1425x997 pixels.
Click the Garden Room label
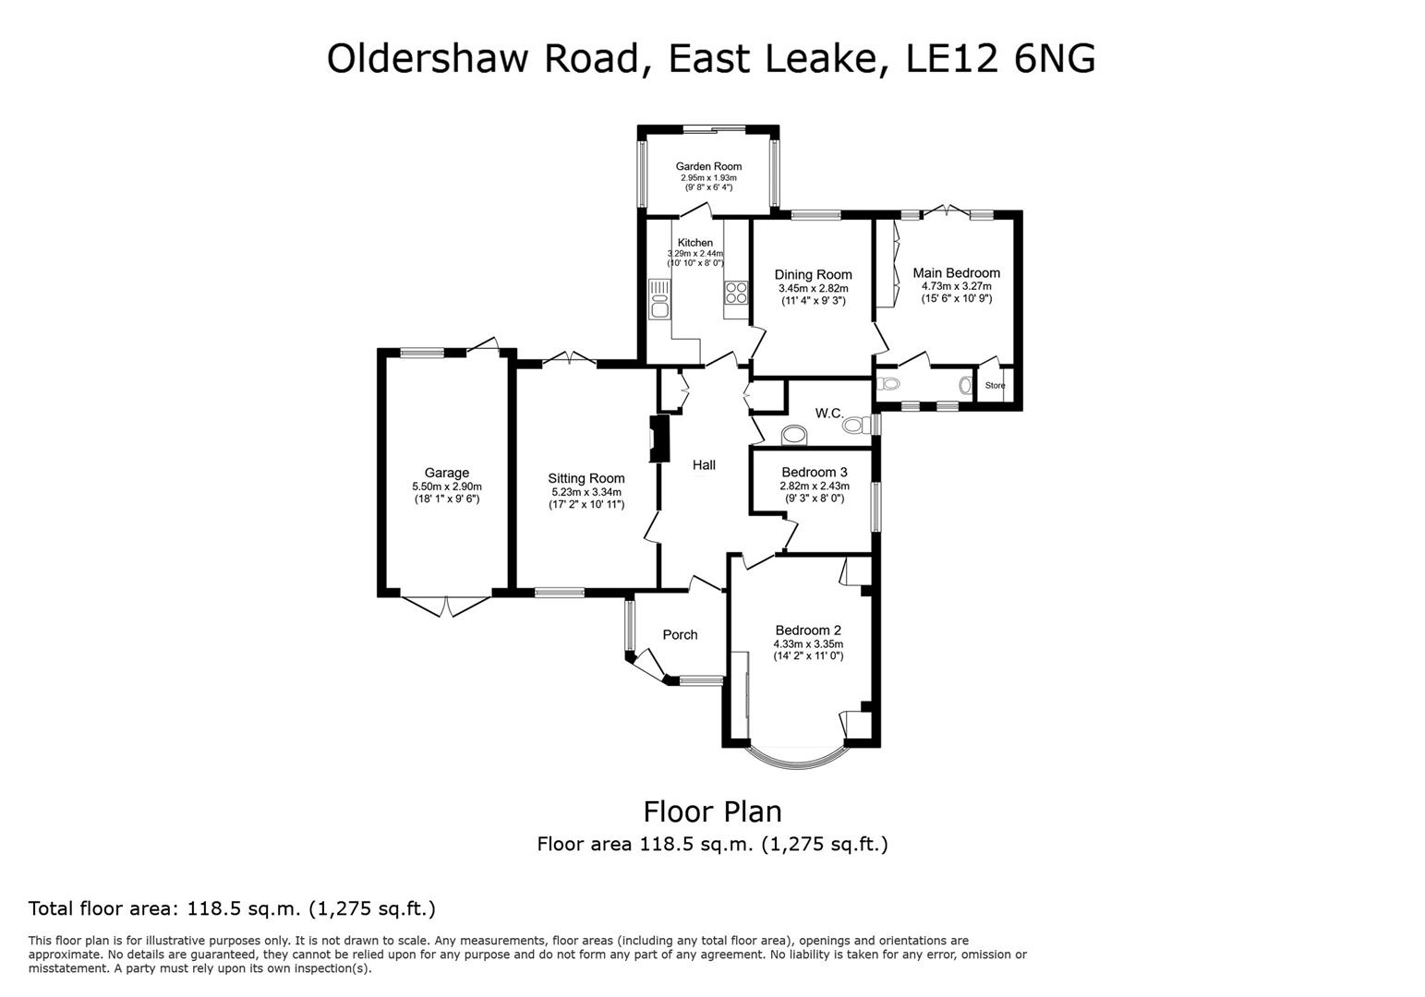(x=708, y=167)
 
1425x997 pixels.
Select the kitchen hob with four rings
(x=736, y=293)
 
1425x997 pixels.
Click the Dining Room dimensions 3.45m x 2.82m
(x=813, y=288)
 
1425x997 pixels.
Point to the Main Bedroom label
(x=956, y=273)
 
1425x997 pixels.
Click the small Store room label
(x=995, y=386)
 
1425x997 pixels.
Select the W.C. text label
(x=828, y=414)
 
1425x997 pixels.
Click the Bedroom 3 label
(x=814, y=473)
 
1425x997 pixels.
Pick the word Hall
(x=704, y=465)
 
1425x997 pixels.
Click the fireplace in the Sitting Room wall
(x=658, y=438)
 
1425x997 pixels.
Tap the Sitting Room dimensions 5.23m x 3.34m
(x=586, y=492)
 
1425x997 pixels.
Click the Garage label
(x=446, y=474)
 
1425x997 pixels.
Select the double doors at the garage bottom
(x=445, y=606)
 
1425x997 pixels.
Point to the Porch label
(x=680, y=635)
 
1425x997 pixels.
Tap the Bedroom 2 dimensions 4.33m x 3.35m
(x=808, y=644)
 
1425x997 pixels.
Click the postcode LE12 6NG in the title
(x=1001, y=58)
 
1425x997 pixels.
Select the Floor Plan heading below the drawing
(x=712, y=811)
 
